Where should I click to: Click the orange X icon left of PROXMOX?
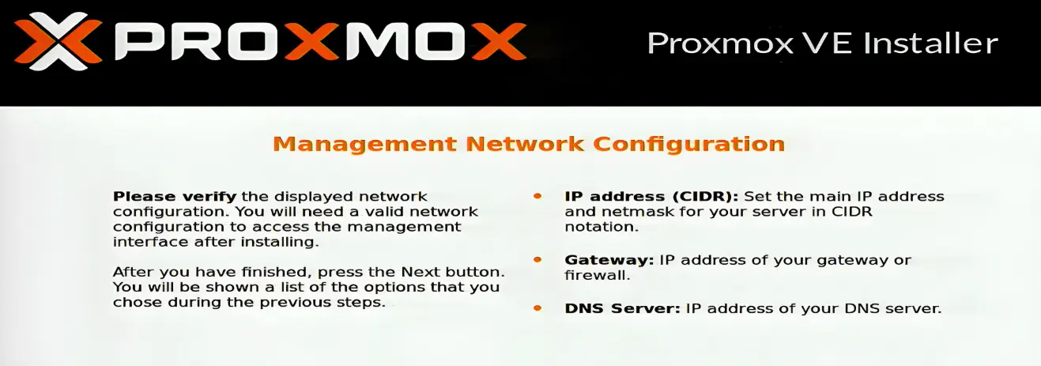(x=58, y=41)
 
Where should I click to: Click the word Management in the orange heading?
(x=364, y=144)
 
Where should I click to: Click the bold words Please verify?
(x=175, y=196)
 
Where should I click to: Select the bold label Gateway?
(x=609, y=260)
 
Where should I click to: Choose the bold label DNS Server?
(x=622, y=308)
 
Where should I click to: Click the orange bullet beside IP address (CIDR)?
(x=538, y=195)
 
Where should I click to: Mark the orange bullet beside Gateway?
(x=538, y=259)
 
